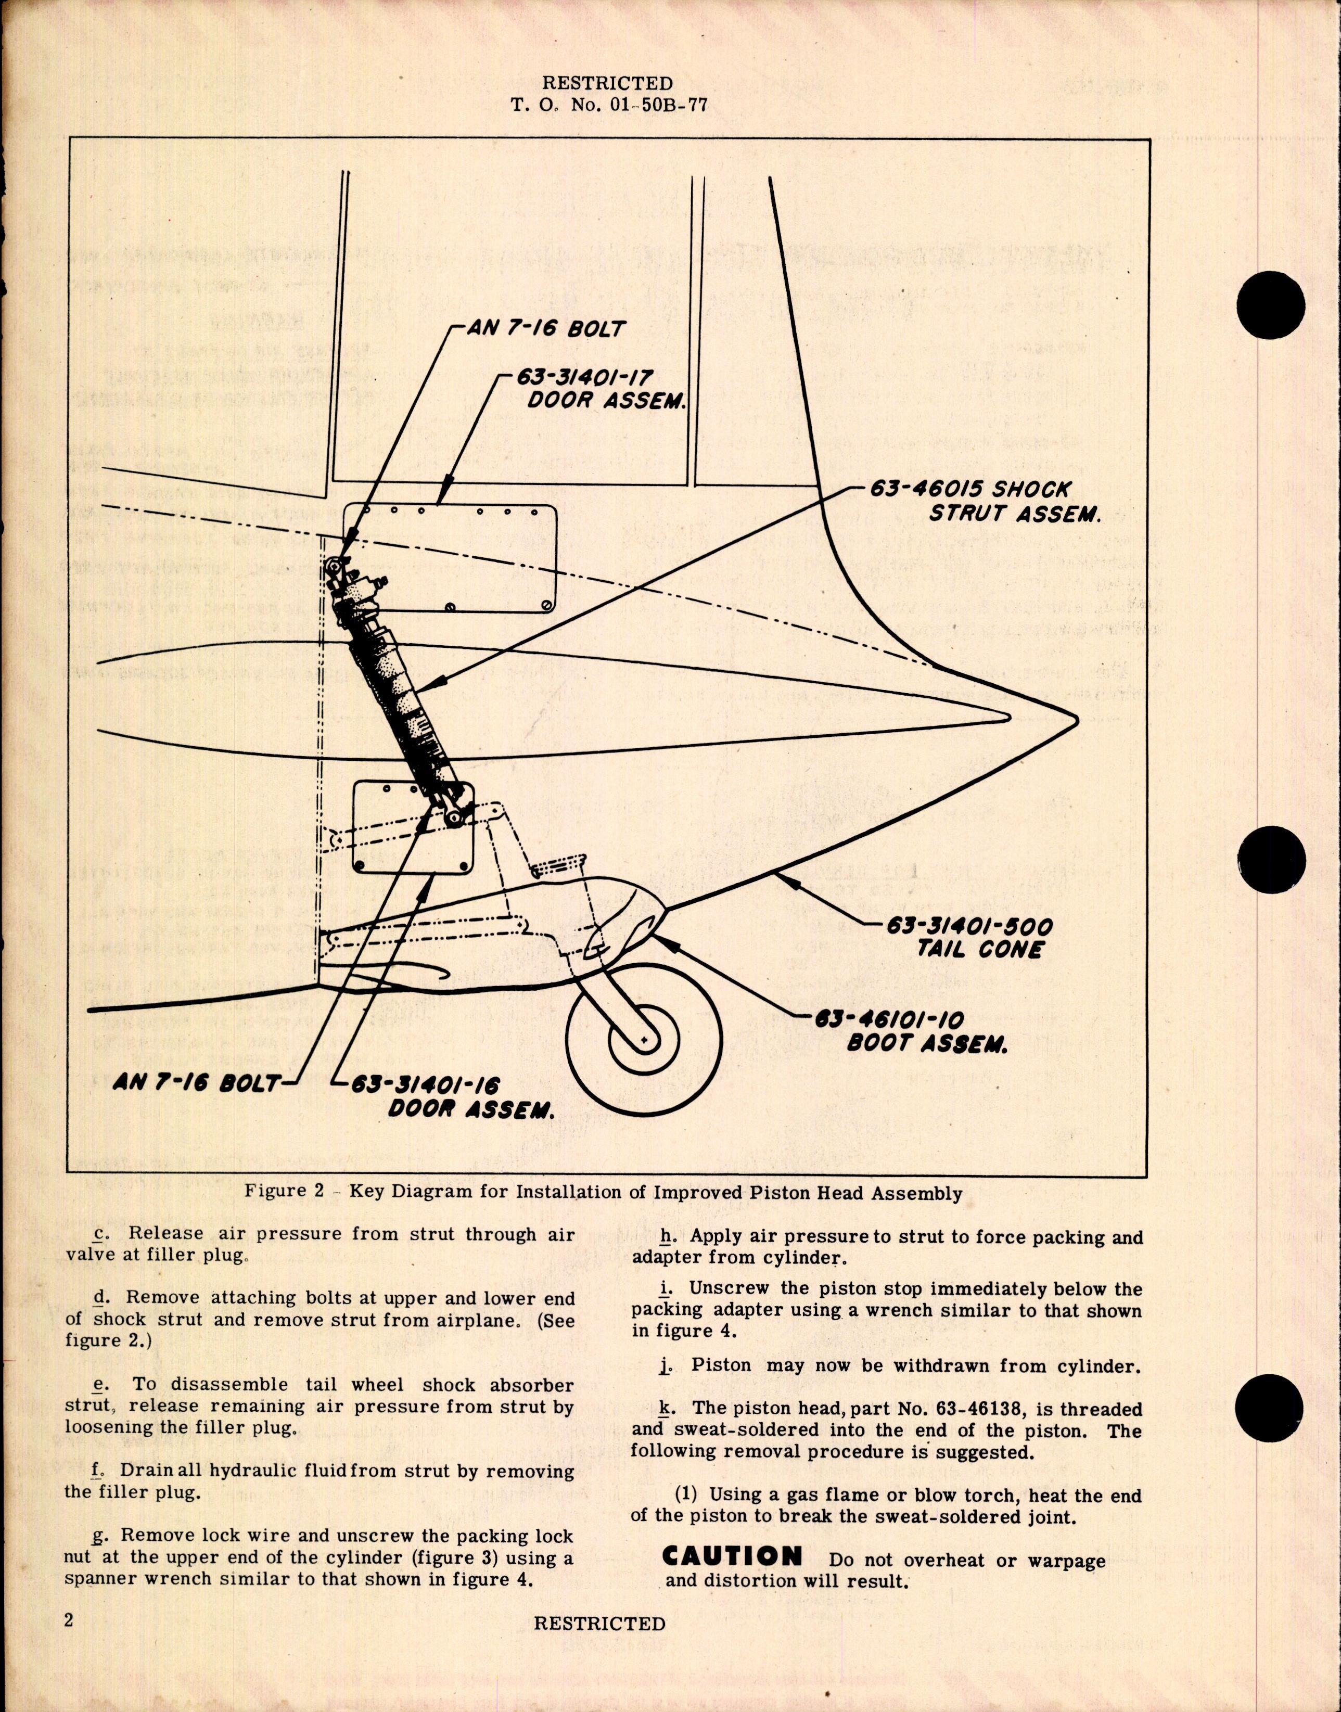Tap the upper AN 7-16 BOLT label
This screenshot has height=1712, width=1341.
point(546,328)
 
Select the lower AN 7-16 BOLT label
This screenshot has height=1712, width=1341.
point(196,1083)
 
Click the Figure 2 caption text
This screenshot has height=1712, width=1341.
point(603,1192)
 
